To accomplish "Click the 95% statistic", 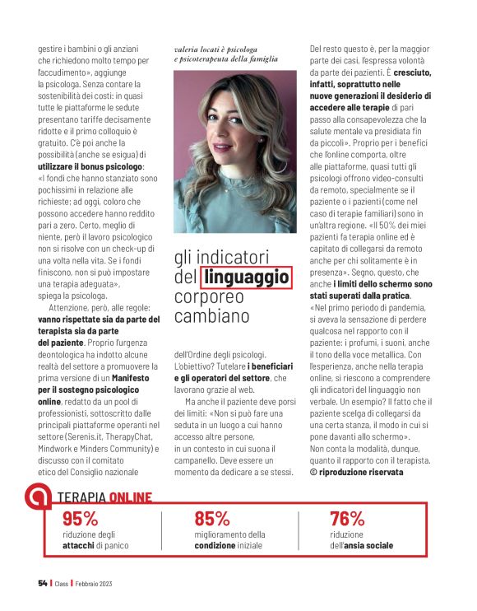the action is click(80, 519).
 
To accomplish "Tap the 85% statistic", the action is click(211, 519).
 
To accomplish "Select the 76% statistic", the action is click(346, 519).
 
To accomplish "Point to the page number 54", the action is click(42, 584).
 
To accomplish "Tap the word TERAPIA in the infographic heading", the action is click(81, 497).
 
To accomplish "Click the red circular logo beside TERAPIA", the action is click(37, 496).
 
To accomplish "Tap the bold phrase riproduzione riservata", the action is click(362, 473).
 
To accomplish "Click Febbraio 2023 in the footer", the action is click(90, 584).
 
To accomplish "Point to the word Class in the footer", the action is click(63, 584).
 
